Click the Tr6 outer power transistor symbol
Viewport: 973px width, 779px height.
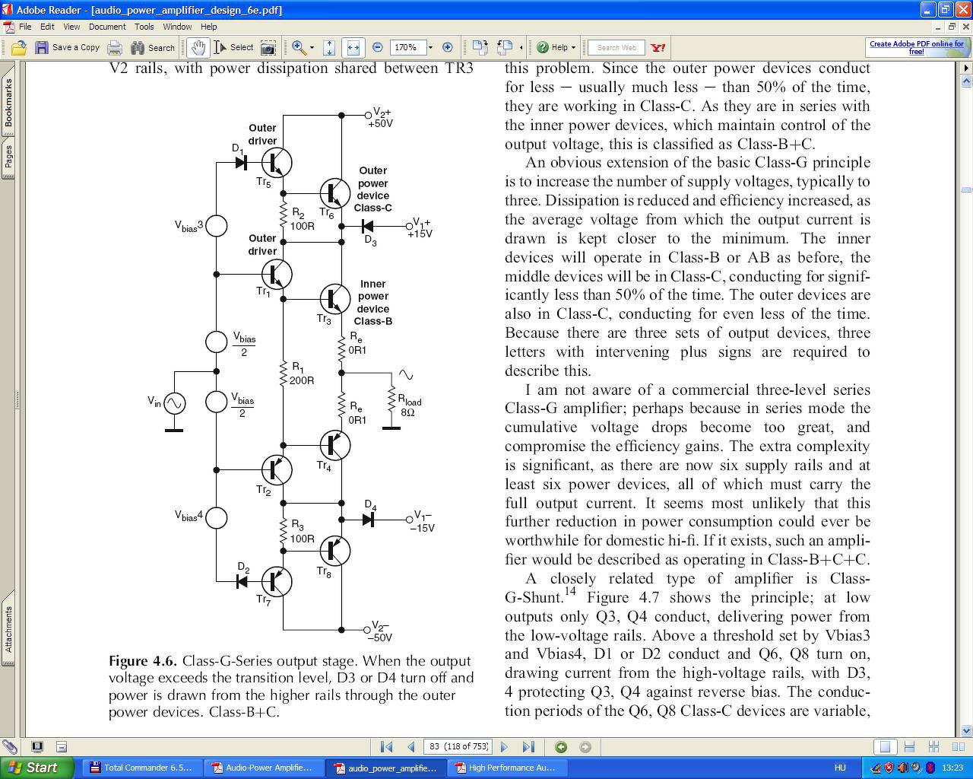[334, 194]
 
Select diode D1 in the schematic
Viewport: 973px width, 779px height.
[241, 162]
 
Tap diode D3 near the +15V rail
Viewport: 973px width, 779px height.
[367, 226]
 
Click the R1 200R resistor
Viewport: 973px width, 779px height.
[284, 373]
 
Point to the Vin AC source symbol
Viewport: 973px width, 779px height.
[174, 403]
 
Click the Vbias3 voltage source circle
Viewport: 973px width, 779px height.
[217, 226]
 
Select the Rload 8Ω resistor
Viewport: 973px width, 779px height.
[391, 401]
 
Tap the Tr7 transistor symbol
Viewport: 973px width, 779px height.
[277, 582]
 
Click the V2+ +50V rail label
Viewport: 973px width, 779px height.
[381, 118]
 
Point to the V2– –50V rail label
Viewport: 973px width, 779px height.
[381, 631]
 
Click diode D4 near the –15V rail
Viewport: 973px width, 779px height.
[368, 520]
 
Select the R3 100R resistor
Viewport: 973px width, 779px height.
[284, 531]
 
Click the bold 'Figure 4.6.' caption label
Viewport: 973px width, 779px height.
[142, 661]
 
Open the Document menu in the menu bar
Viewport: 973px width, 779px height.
[107, 27]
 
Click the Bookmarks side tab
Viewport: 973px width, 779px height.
[8, 103]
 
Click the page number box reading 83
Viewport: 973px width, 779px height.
[458, 746]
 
